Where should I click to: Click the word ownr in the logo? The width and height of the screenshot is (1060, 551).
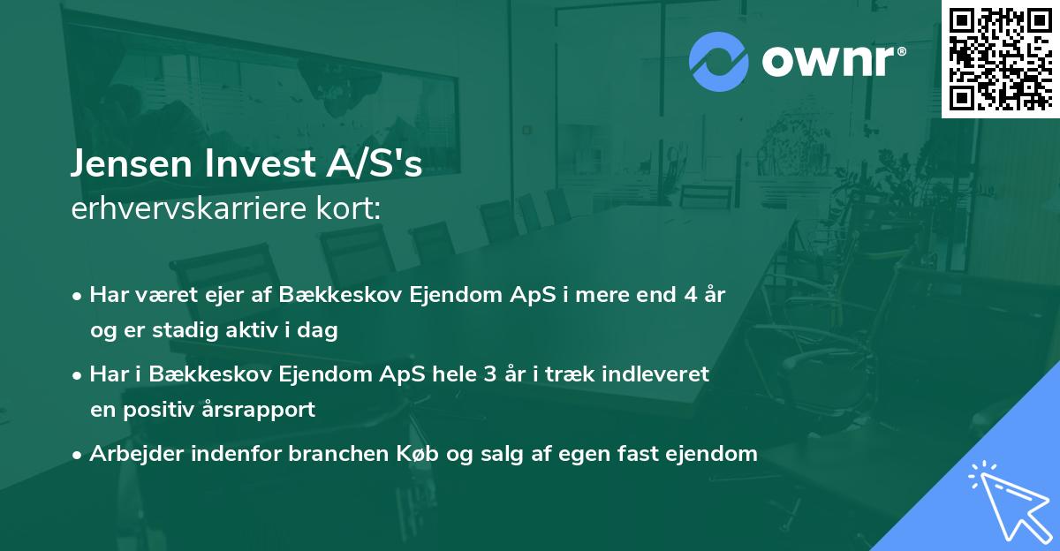(x=831, y=60)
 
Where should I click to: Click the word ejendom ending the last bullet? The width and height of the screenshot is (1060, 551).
(x=715, y=454)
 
